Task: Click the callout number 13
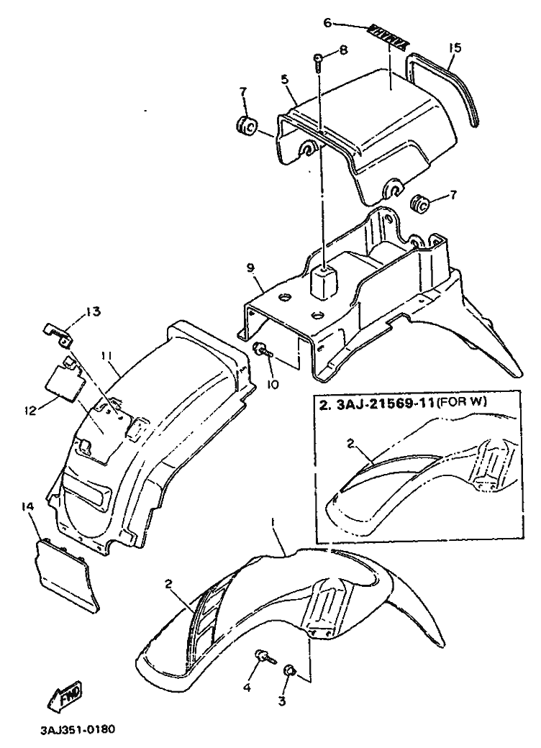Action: [x=94, y=311]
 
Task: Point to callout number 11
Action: [x=107, y=356]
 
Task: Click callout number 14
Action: [x=27, y=508]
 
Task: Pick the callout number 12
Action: [x=28, y=410]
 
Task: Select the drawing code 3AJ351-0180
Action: [x=77, y=727]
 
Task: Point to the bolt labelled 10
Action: [x=261, y=350]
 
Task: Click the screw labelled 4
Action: [x=263, y=656]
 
